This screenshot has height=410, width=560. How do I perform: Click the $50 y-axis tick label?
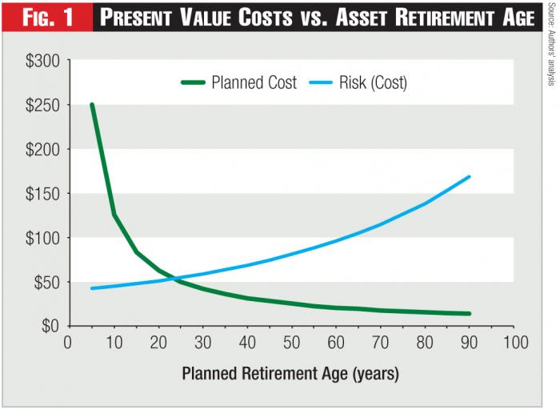pos(40,282)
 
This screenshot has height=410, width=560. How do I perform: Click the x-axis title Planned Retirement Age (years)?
pos(290,373)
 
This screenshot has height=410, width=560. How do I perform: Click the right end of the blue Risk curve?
pos(469,177)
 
